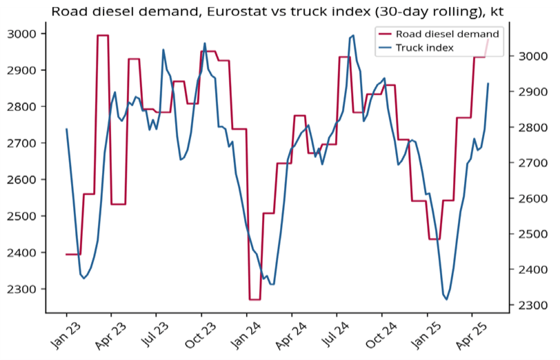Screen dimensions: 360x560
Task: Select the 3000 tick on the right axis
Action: point(531,56)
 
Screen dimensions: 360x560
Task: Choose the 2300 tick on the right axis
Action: point(531,305)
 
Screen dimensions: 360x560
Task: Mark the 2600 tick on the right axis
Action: point(531,199)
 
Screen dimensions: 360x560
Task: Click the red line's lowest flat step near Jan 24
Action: point(254,299)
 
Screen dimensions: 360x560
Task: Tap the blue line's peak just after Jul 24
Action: point(353,35)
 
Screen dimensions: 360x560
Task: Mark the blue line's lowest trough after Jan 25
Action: point(446,299)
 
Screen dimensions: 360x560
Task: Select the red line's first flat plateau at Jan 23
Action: point(73,254)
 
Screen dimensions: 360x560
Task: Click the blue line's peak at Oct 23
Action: point(205,43)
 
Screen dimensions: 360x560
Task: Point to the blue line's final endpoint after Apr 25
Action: point(488,84)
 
